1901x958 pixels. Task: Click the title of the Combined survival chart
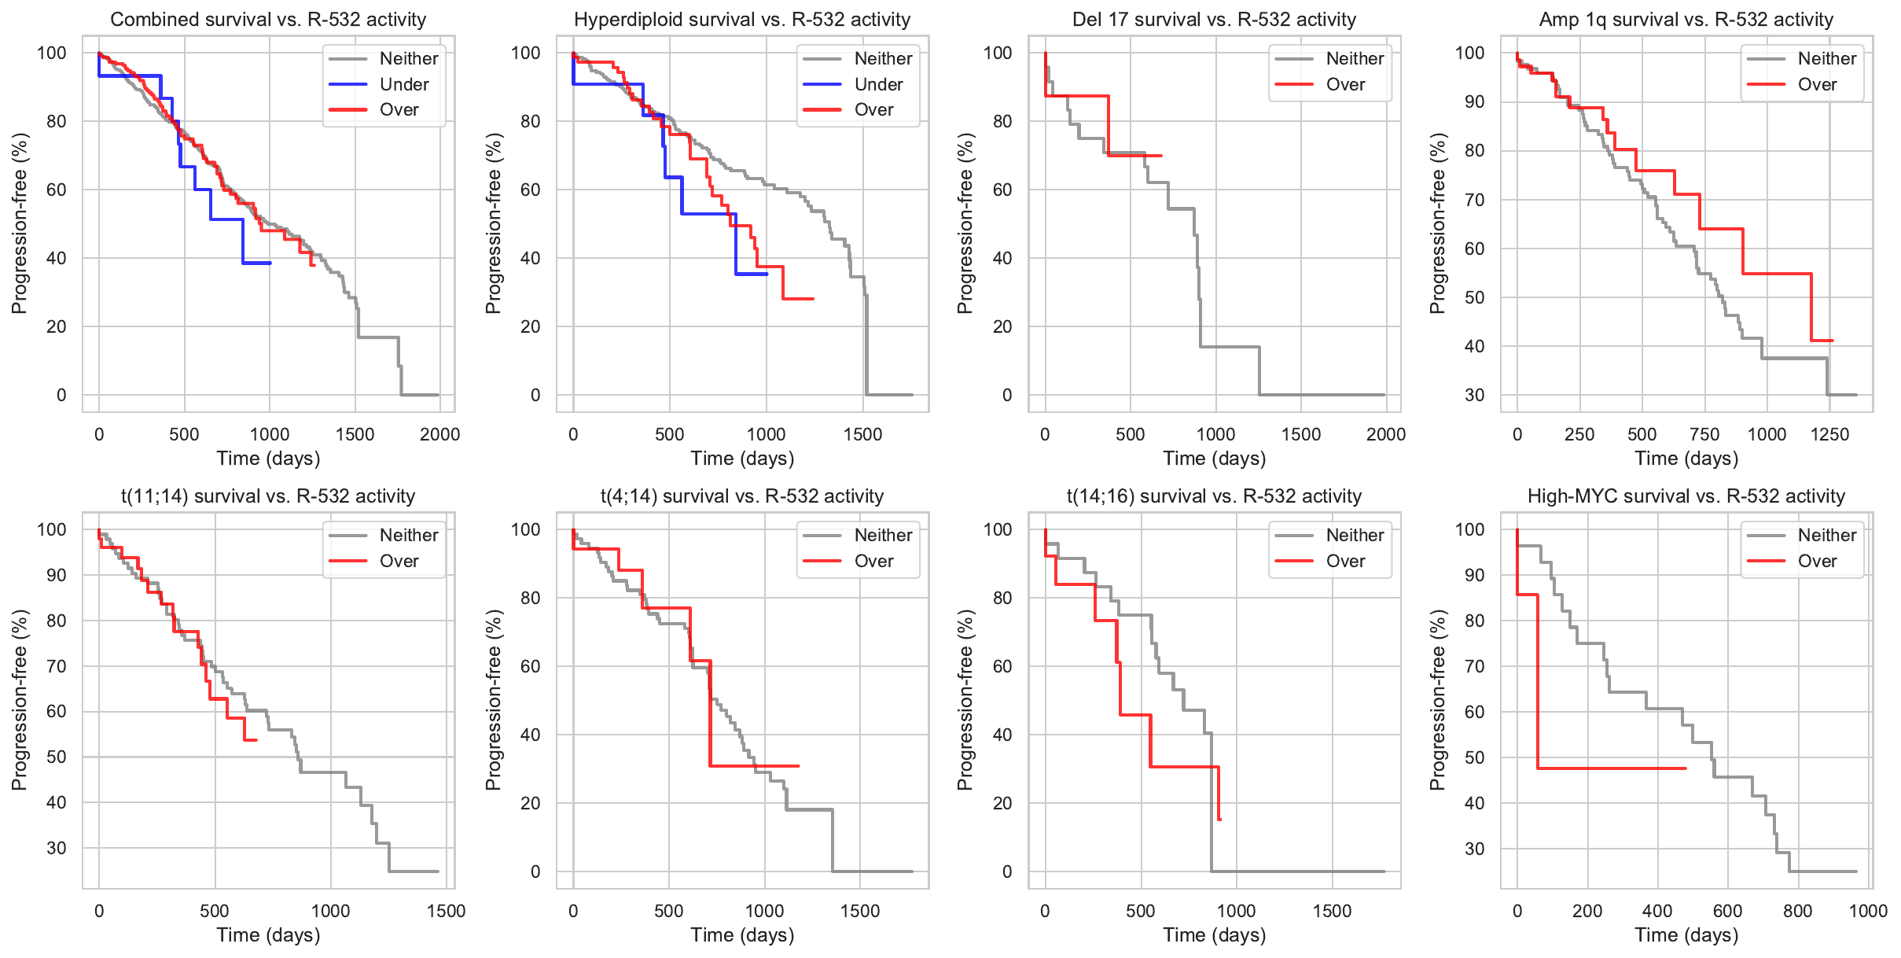pos(268,20)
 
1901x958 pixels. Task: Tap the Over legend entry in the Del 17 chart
pos(1345,84)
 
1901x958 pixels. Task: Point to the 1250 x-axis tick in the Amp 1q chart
pos(1829,434)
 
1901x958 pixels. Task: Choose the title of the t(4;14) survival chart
pos(742,496)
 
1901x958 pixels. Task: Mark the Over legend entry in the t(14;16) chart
pos(1345,561)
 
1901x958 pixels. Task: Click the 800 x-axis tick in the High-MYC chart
pos(1797,911)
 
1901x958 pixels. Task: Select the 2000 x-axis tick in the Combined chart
pos(439,434)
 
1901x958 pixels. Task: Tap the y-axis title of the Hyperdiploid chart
pos(493,223)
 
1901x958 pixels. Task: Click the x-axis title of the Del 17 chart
pos(1214,459)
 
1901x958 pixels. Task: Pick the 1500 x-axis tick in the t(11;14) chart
pos(446,911)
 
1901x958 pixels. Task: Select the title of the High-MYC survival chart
pos(1686,496)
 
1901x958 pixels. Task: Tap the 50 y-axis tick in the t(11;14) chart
pos(57,757)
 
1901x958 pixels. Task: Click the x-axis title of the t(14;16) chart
pos(1214,935)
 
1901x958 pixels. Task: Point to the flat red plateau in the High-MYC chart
pos(1612,768)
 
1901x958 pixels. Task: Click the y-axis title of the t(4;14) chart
pos(493,700)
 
